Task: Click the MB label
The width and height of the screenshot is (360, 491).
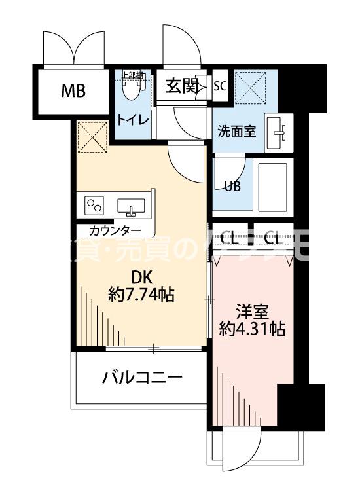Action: [73, 90]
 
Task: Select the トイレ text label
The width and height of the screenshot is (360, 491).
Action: [132, 120]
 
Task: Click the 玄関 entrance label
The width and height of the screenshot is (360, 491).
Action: [181, 86]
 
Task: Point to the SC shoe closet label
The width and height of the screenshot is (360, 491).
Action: [220, 86]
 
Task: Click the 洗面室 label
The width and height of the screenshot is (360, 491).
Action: [236, 130]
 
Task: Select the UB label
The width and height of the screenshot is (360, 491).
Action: [232, 185]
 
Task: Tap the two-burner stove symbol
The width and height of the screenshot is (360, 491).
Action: [93, 205]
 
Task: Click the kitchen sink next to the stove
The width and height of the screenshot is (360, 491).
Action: [132, 206]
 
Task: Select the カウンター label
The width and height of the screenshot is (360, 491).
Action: [115, 230]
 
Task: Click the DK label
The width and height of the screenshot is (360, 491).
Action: [141, 277]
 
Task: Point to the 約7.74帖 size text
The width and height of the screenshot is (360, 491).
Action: [141, 295]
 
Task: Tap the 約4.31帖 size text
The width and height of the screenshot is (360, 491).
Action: [252, 329]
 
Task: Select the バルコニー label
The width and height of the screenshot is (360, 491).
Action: [141, 377]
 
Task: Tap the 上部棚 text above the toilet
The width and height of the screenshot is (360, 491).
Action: [133, 74]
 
